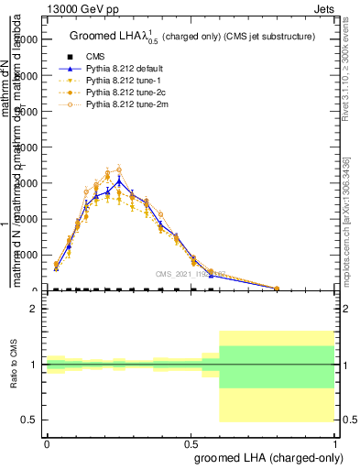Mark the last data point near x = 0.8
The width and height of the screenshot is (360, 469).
pos(277,289)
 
